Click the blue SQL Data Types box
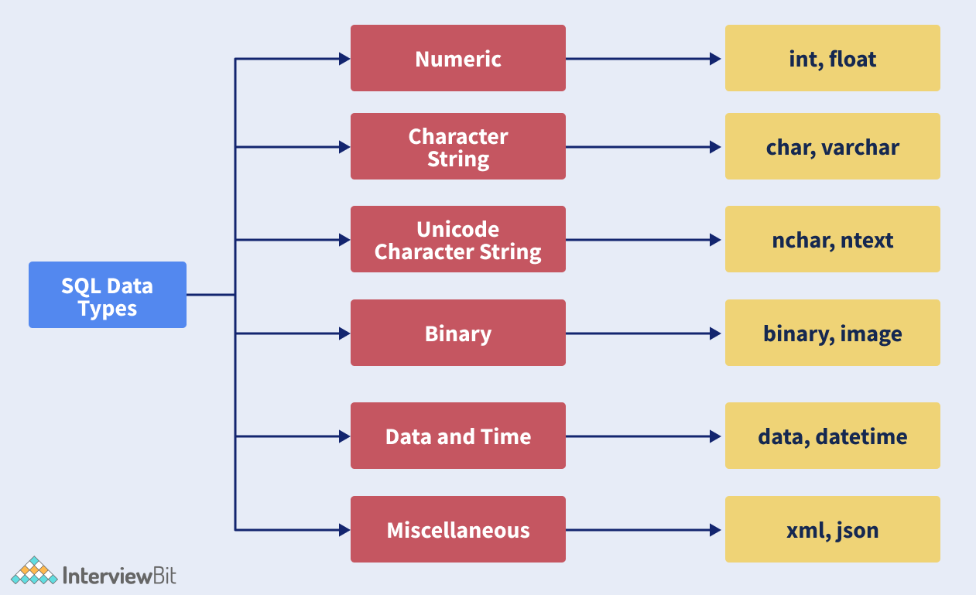(108, 295)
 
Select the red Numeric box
(457, 58)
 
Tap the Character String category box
(457, 146)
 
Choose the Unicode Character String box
(457, 239)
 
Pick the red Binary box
(457, 333)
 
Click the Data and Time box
(457, 436)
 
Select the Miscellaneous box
(457, 529)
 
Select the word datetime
(861, 436)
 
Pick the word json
(858, 530)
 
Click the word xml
(806, 530)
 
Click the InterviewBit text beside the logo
(118, 576)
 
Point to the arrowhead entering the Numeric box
(344, 58)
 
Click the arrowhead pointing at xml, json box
(715, 530)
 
